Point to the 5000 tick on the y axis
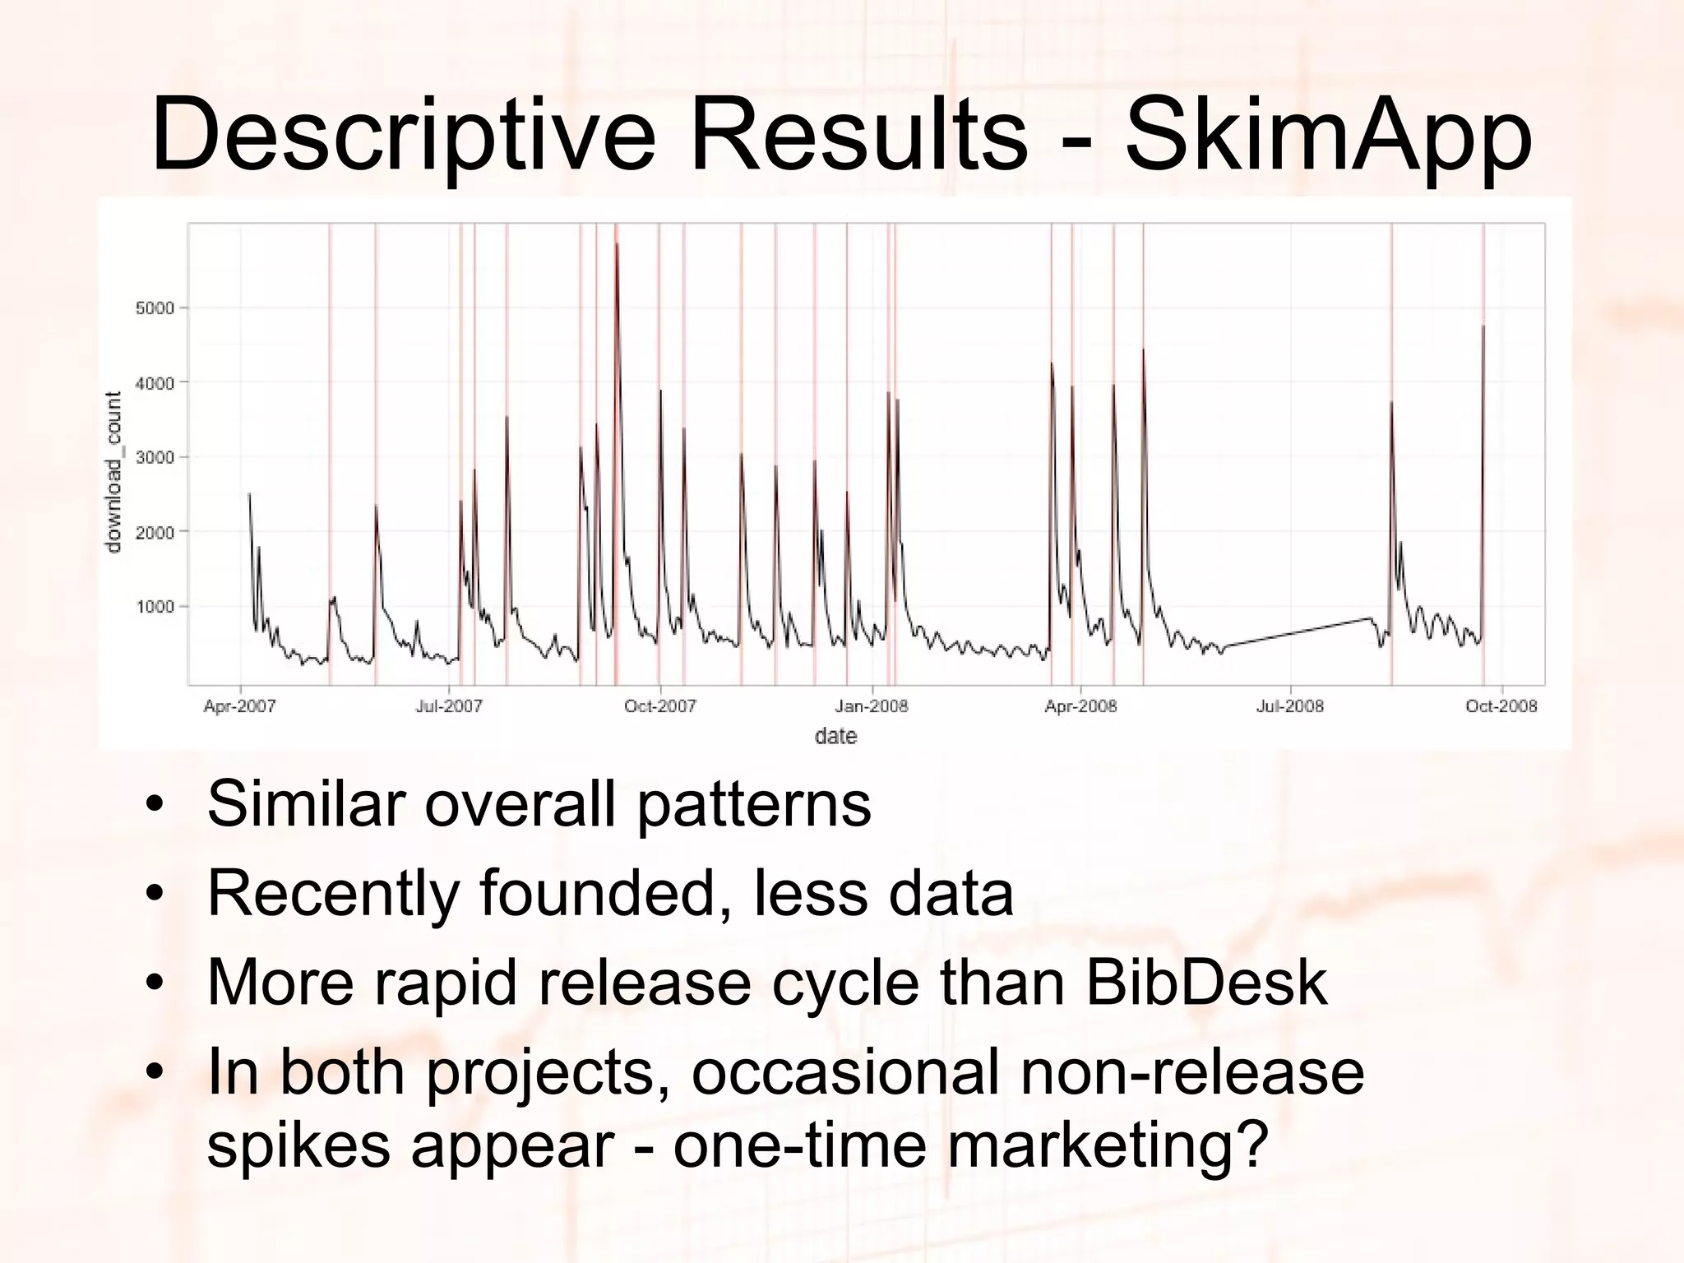tap(155, 308)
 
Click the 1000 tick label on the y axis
tap(155, 607)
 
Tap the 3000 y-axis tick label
tap(155, 458)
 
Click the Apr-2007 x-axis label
tap(240, 706)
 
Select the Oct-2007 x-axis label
tap(659, 706)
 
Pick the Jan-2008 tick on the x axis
tap(871, 706)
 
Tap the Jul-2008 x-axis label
tap(1290, 706)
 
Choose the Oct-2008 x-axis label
tap(1501, 706)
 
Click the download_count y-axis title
tap(114, 472)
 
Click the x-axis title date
tap(835, 736)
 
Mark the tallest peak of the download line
tap(617, 245)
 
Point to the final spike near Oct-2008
tap(1483, 329)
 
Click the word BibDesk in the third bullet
tap(1205, 983)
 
